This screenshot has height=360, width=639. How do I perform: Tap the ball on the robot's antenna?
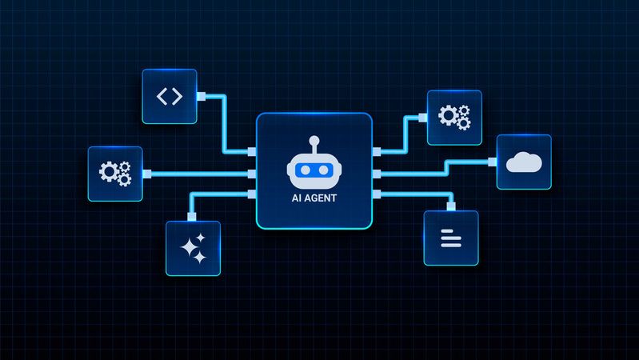(314, 141)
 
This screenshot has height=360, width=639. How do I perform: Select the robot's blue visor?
(314, 170)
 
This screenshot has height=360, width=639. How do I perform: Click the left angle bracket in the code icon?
(162, 97)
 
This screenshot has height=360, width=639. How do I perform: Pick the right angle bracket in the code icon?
(177, 97)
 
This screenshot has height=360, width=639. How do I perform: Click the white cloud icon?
(523, 162)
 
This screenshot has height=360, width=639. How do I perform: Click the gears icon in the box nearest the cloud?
(453, 118)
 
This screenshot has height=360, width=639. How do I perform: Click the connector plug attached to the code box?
(201, 97)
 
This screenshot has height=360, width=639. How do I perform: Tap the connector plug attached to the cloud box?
(492, 162)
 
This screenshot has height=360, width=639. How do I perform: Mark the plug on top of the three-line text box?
(451, 206)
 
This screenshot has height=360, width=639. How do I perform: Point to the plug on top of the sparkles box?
(191, 216)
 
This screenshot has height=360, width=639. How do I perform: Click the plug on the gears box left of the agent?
(147, 174)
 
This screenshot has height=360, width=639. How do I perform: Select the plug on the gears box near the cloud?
(422, 117)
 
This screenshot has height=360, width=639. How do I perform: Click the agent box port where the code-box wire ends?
(252, 151)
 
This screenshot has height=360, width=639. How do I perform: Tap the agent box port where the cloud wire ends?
(377, 173)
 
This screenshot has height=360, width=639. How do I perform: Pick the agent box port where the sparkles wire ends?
(252, 194)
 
